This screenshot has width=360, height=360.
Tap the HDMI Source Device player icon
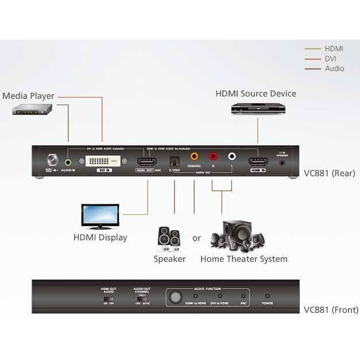click(258, 109)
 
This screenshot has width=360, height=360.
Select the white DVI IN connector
click(104, 162)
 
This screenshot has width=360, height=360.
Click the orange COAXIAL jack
click(194, 156)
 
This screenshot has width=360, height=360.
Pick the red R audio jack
click(213, 156)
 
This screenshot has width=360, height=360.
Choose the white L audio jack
click(231, 156)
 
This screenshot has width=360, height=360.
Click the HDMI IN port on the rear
click(258, 162)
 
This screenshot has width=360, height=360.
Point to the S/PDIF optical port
click(174, 162)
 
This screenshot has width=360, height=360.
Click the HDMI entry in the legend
click(334, 49)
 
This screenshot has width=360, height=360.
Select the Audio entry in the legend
click(334, 68)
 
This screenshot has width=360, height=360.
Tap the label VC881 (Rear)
click(330, 173)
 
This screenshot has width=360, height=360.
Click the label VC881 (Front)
click(331, 310)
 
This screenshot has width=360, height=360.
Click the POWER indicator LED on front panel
click(267, 296)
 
